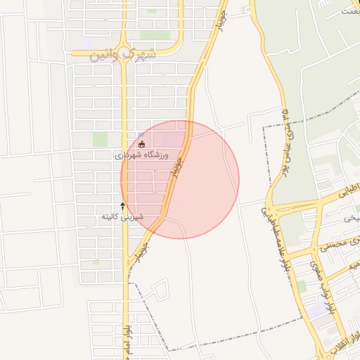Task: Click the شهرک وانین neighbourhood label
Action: [121, 55]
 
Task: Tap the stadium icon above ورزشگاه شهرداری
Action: [142, 144]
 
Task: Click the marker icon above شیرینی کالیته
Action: [124, 206]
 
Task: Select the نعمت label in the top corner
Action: [349, 11]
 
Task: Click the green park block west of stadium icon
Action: [101, 139]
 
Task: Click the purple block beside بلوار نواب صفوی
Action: [317, 308]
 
